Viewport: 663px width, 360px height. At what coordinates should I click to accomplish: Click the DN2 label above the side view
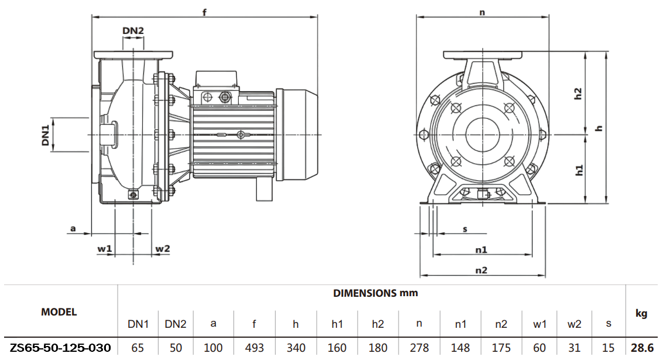click(133, 31)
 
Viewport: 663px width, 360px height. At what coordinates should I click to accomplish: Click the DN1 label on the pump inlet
click(45, 134)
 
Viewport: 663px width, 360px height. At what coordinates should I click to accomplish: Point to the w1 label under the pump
click(105, 249)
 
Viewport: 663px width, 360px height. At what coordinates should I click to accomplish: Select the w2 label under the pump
click(162, 249)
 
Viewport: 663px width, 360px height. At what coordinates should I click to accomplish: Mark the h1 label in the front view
click(579, 170)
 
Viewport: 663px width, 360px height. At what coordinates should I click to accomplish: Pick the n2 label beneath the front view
click(481, 270)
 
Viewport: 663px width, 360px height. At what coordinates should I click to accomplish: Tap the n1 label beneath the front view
click(481, 250)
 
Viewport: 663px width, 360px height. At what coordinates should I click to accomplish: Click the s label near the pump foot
click(465, 229)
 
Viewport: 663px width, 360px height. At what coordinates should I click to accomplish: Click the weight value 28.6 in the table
click(642, 348)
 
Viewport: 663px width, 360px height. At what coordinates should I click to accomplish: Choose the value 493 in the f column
click(255, 348)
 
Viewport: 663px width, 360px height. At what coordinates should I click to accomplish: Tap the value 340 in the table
click(296, 348)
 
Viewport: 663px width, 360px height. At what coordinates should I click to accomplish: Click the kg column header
click(641, 314)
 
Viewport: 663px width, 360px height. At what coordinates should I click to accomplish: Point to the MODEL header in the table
click(59, 312)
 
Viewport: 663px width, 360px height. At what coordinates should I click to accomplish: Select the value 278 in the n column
click(420, 348)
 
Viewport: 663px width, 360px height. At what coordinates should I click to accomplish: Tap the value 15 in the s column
click(609, 348)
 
